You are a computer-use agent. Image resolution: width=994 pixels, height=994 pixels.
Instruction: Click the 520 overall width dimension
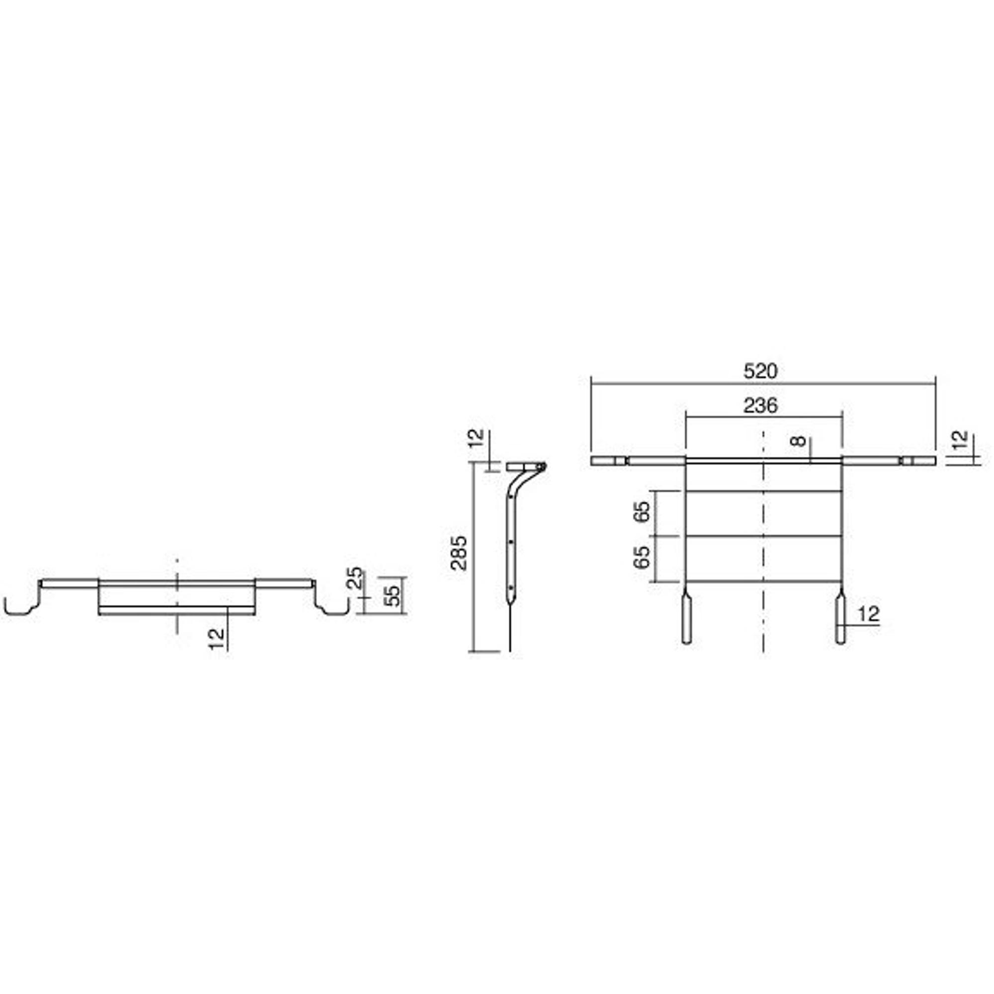click(x=760, y=371)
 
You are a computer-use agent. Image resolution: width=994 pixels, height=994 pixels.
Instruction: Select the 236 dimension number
click(x=760, y=406)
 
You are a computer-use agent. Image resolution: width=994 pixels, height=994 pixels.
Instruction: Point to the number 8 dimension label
click(x=799, y=441)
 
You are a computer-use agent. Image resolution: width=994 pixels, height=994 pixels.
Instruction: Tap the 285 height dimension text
click(x=458, y=553)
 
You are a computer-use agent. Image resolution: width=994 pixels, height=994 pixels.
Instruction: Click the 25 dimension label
click(x=355, y=578)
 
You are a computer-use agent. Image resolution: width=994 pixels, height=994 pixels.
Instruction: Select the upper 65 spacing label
click(x=642, y=511)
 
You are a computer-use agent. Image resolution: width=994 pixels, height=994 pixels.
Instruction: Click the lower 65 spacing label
click(x=642, y=557)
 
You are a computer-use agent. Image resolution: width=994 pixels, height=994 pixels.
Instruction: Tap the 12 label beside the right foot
click(x=868, y=614)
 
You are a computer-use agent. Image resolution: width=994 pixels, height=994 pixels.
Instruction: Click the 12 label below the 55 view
click(x=217, y=639)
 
